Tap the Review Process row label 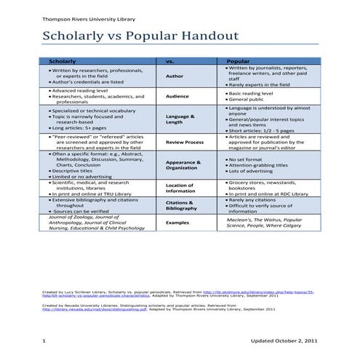[x=184, y=143]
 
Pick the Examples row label [x=177, y=223]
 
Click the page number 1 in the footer [x=44, y=340]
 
